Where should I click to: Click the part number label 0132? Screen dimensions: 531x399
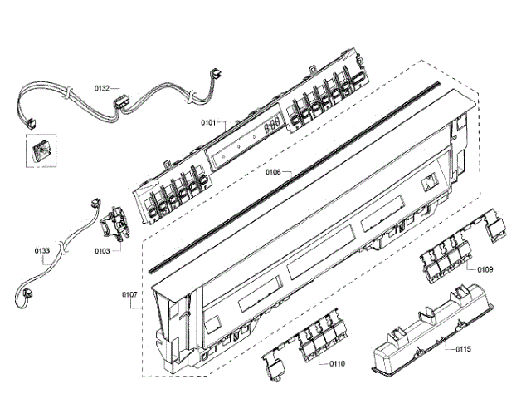click(x=102, y=87)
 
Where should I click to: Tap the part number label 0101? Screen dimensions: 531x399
click(x=207, y=123)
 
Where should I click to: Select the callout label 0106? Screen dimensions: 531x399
click(x=274, y=173)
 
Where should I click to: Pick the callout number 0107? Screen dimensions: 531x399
click(x=131, y=294)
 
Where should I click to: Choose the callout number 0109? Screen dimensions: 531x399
click(x=486, y=270)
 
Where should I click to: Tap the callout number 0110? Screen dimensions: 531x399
click(x=337, y=363)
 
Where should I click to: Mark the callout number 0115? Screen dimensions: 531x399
click(x=463, y=350)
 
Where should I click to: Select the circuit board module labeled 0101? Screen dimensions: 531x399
click(x=249, y=141)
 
